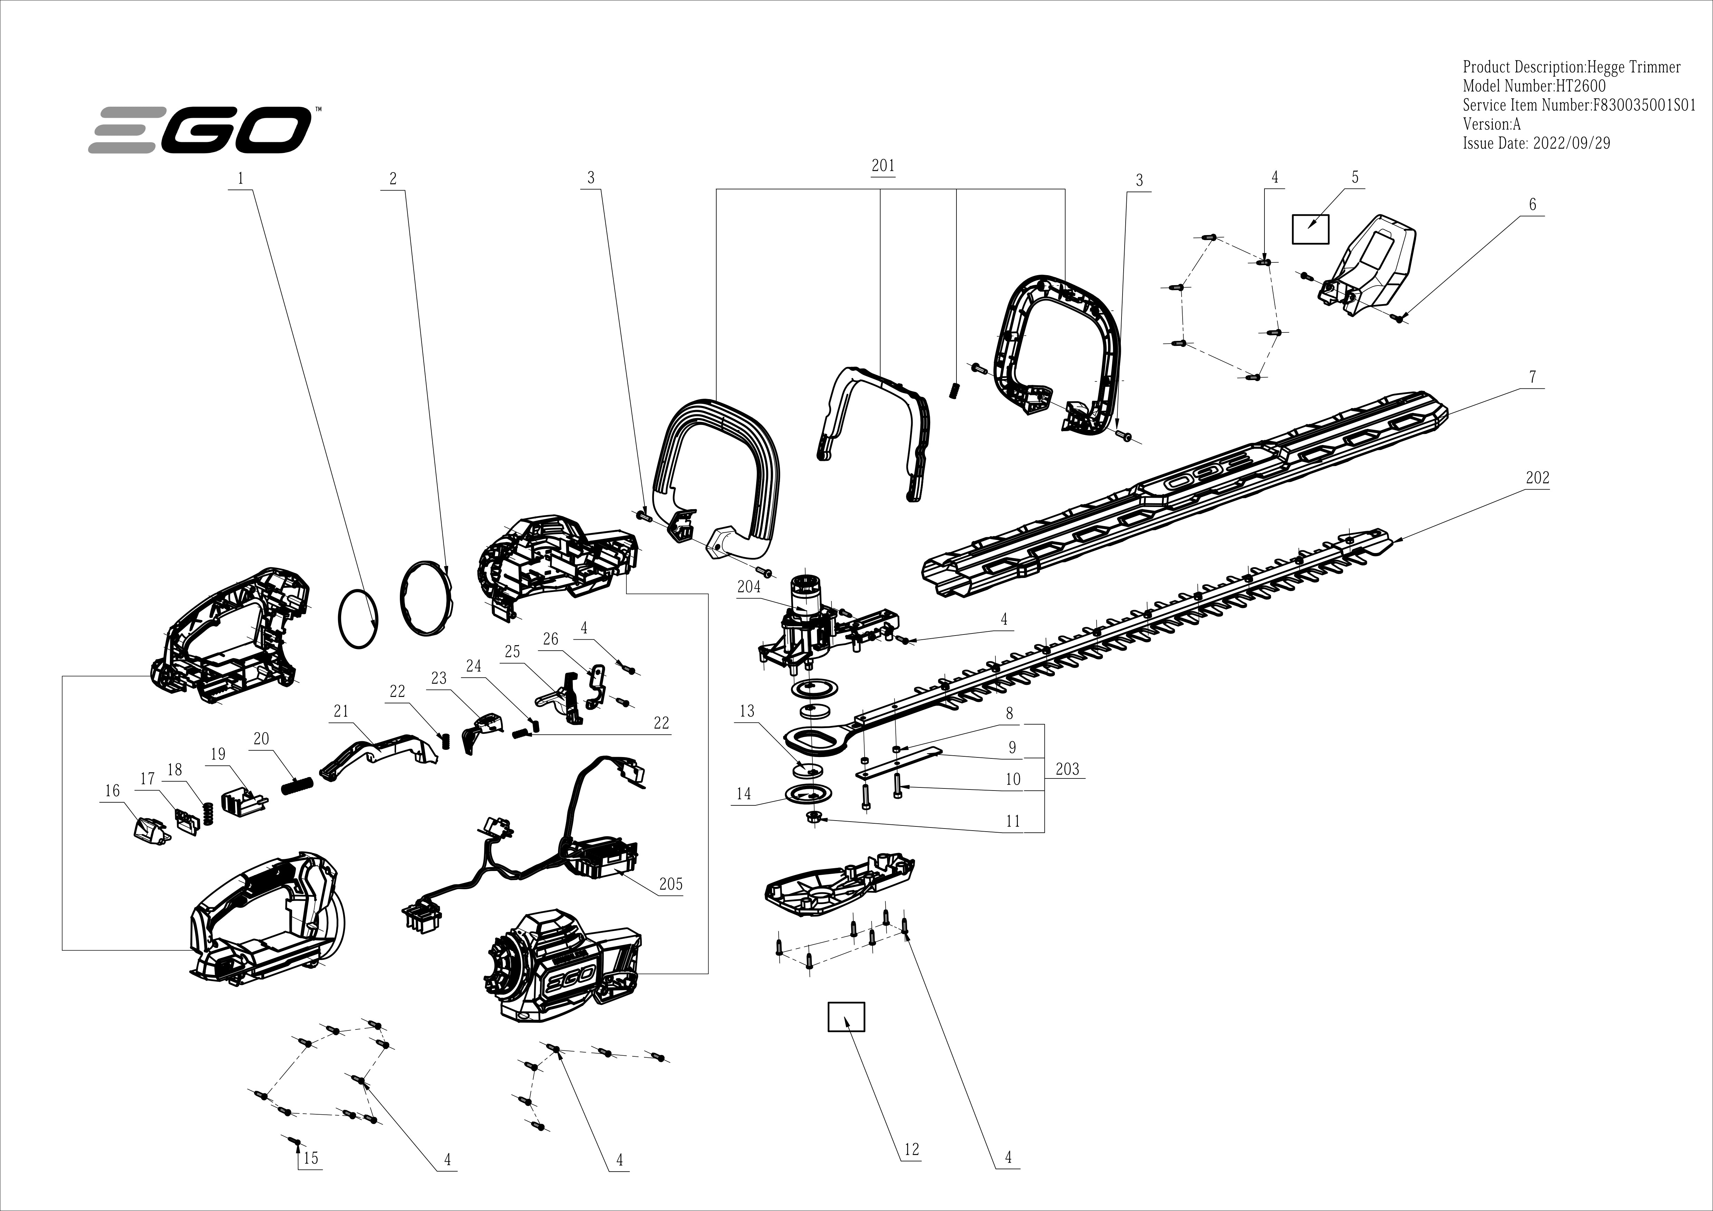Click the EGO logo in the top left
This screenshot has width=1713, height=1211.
(x=200, y=130)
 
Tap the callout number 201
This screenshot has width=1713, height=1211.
(x=883, y=166)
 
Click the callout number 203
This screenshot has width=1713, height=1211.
(x=1067, y=769)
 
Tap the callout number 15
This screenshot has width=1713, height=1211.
(x=310, y=1157)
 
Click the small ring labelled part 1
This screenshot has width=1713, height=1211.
(x=359, y=619)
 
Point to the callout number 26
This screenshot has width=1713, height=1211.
(x=551, y=639)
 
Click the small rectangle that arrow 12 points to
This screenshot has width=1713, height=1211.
(x=846, y=1016)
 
